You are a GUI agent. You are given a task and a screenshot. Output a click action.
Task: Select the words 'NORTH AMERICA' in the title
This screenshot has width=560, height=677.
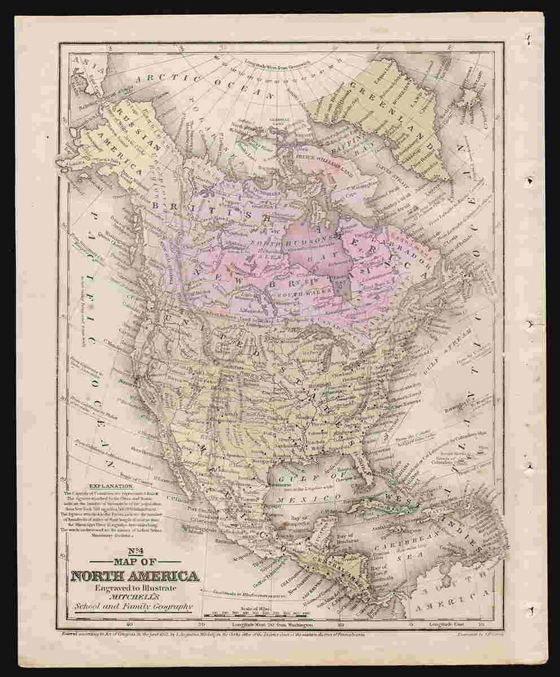pos(134,577)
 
